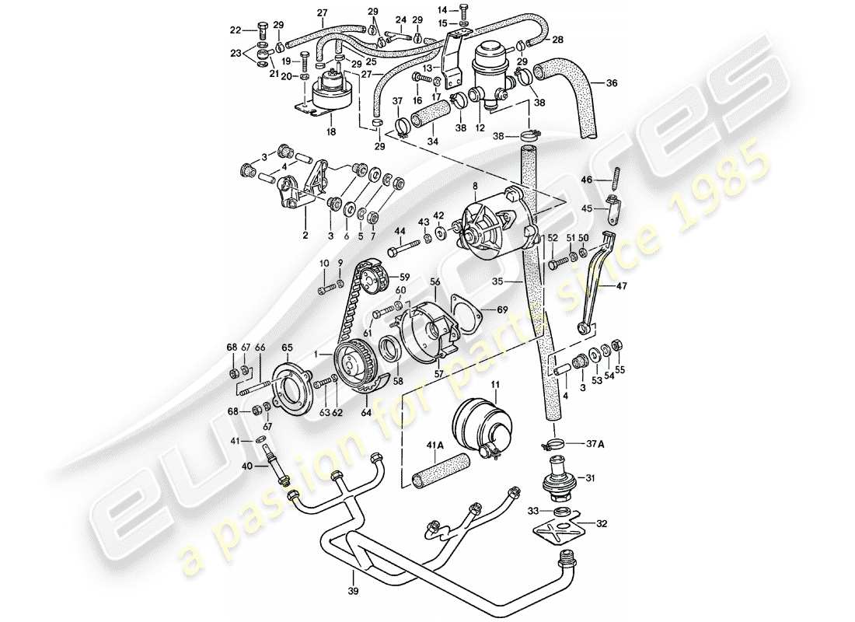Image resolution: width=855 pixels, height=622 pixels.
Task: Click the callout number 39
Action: point(354,576)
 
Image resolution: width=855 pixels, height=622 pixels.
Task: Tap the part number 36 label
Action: point(612,83)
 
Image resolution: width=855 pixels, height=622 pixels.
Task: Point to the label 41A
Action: point(411,446)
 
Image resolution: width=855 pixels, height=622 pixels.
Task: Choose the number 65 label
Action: point(287,348)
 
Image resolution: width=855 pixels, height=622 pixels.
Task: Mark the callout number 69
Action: point(502,309)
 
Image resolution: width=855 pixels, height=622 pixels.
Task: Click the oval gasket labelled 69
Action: point(468,313)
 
